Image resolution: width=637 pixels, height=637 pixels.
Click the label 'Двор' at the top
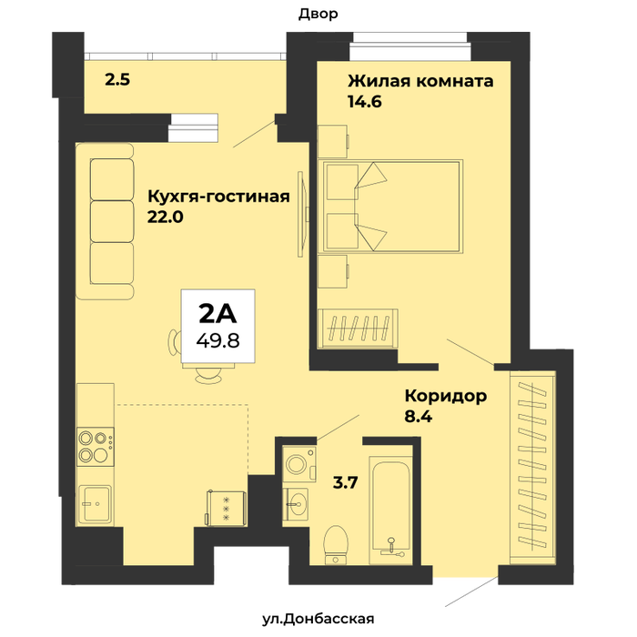(318, 15)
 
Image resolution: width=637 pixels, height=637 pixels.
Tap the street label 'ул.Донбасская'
(318, 619)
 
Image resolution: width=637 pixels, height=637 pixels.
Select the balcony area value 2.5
(117, 80)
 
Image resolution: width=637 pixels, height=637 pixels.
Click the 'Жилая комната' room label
(420, 81)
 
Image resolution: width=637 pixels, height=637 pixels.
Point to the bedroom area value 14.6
(365, 101)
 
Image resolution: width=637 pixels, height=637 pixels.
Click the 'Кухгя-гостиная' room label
(218, 197)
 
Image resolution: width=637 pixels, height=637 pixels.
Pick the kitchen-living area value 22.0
(165, 217)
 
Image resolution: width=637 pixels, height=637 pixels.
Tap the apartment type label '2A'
(217, 314)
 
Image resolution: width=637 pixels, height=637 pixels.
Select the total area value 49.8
(217, 340)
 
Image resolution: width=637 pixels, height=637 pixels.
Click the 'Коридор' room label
(446, 396)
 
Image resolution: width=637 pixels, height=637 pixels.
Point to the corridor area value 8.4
(419, 416)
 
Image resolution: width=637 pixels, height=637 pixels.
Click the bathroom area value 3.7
(345, 482)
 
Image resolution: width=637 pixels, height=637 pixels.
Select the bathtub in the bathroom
(390, 510)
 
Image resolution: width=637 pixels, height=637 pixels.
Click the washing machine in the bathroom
(299, 464)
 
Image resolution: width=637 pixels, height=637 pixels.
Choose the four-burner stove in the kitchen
(96, 447)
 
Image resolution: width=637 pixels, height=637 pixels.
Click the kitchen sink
(95, 504)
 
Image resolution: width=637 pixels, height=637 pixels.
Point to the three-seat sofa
(105, 221)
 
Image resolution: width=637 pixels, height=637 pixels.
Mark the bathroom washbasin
(296, 504)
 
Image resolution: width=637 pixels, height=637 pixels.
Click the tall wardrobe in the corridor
(532, 467)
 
